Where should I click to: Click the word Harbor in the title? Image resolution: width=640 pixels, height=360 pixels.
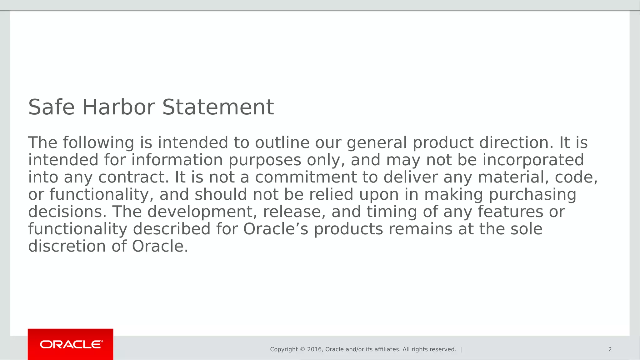point(118,107)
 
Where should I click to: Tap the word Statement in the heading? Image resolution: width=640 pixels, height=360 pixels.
point(218,107)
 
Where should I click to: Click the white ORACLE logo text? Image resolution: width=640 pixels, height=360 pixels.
point(72,344)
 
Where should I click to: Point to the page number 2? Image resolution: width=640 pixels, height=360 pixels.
point(610,349)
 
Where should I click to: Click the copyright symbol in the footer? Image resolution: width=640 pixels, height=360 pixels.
point(302,349)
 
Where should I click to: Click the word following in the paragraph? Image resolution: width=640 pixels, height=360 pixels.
point(98,143)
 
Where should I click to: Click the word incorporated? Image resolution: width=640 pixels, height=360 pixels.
point(533,160)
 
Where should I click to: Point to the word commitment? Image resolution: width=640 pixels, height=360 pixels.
point(306,177)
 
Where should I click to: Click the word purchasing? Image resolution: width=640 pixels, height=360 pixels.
point(532,195)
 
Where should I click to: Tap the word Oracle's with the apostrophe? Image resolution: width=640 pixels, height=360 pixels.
point(276,229)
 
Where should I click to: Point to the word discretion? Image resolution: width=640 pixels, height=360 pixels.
point(67,246)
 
